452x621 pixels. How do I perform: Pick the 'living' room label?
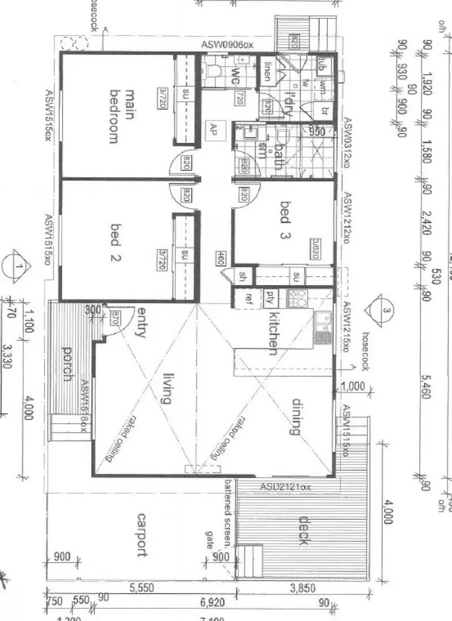(167, 388)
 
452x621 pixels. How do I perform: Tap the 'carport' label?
(140, 535)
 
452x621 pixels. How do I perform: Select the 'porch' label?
(67, 364)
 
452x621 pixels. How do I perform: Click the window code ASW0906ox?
(227, 45)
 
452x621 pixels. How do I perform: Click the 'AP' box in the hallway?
(214, 128)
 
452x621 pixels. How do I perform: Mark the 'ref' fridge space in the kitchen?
(248, 298)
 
